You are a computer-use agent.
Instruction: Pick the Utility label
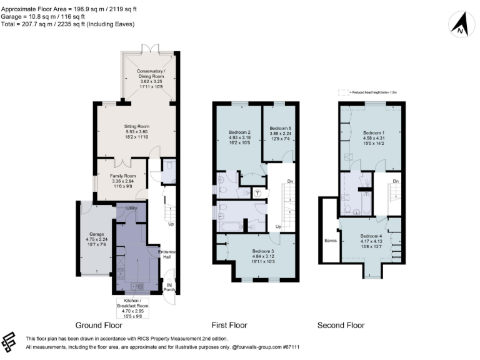click(131, 207)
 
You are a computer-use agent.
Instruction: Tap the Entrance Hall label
click(167, 254)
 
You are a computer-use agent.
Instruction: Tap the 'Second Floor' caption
click(341, 325)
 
